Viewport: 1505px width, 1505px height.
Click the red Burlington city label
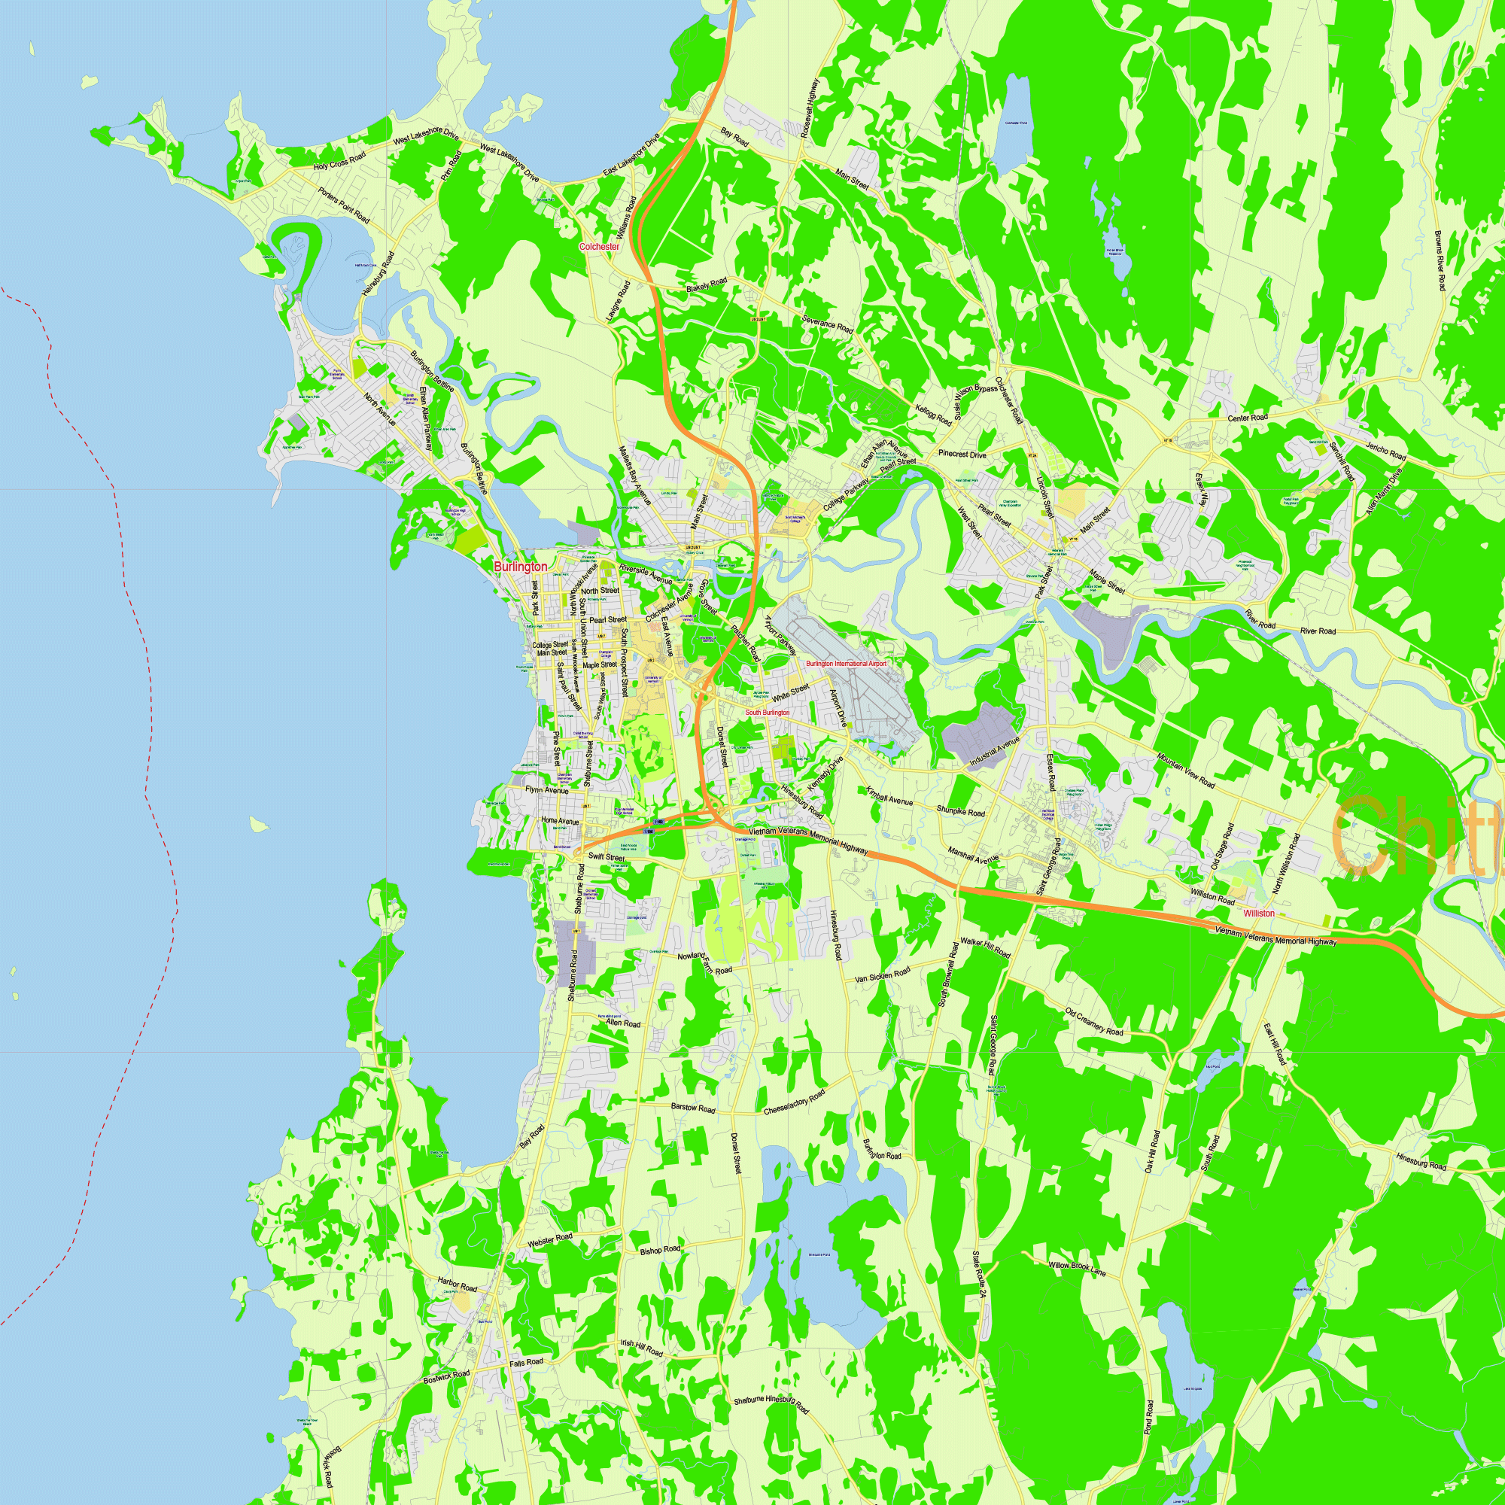pos(521,567)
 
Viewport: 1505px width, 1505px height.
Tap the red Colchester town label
pos(599,246)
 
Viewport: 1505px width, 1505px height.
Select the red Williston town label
pos(1259,913)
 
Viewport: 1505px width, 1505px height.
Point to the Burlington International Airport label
pos(846,664)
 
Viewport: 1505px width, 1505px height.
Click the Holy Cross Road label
pos(339,162)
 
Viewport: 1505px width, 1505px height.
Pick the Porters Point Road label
pos(344,205)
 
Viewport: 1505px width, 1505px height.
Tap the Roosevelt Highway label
pos(810,109)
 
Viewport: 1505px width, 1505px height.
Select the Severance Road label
pos(827,324)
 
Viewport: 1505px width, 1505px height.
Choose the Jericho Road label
pos(1386,450)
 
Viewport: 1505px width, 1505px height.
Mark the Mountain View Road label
pos(1186,770)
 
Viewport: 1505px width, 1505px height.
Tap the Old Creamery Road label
pos(1094,1021)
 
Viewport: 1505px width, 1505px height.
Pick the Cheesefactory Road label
pos(795,1102)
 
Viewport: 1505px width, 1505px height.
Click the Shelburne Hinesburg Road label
pos(771,1404)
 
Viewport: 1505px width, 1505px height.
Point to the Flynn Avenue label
pos(547,790)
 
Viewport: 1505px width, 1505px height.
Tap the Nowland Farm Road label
pos(704,963)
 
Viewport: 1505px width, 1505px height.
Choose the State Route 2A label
pos(979,1274)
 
